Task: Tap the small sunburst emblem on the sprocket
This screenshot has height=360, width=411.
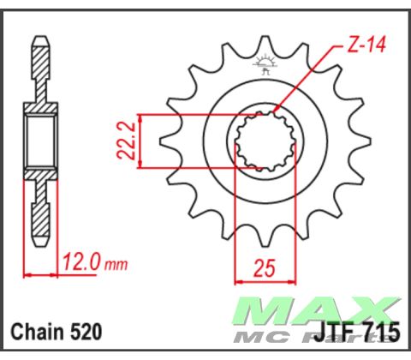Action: (x=264, y=63)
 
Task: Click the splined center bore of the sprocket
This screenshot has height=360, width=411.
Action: (x=265, y=141)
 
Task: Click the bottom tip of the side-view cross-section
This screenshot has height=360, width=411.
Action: (x=40, y=243)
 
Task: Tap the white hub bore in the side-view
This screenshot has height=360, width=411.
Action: (x=40, y=141)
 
